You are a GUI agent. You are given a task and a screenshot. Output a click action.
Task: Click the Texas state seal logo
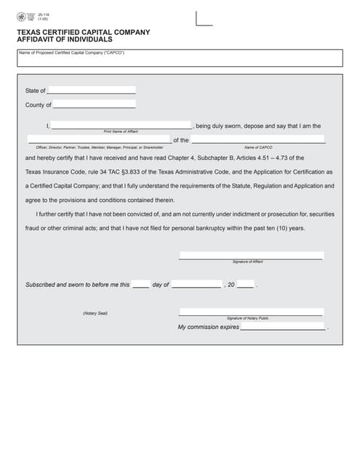pyautogui.click(x=22, y=16)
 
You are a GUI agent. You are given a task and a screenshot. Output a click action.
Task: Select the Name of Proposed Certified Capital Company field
pyautogui.click(x=180, y=60)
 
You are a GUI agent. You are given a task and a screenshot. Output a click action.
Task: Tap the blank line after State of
pyautogui.click(x=91, y=91)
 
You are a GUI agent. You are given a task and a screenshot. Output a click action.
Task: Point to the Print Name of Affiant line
pyautogui.click(x=121, y=126)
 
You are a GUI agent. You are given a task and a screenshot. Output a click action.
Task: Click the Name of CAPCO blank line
pyautogui.click(x=257, y=139)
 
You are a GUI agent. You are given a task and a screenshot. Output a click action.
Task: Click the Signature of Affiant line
pyautogui.click(x=251, y=256)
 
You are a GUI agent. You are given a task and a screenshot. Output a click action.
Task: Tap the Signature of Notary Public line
pyautogui.click(x=251, y=313)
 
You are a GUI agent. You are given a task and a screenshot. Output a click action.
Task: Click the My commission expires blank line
pyautogui.click(x=282, y=328)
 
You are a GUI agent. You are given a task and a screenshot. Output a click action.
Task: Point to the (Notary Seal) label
pyautogui.click(x=95, y=313)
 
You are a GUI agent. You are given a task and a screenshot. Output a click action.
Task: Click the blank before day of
pyautogui.click(x=141, y=285)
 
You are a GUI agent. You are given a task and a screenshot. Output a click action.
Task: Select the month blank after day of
pyautogui.click(x=196, y=285)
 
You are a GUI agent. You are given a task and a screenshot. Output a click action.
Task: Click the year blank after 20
pyautogui.click(x=245, y=285)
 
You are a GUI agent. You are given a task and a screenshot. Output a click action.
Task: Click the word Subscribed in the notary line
pyautogui.click(x=41, y=285)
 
